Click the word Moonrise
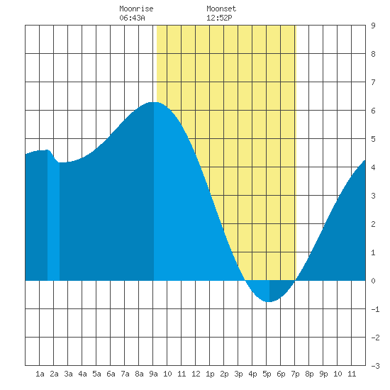[x=136, y=9]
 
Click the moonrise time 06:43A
[x=132, y=18]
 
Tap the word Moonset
[x=221, y=9]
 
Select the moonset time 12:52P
[x=219, y=18]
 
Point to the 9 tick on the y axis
[x=373, y=26]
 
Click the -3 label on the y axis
[x=375, y=366]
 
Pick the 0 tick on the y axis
[x=373, y=281]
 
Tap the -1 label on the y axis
[x=375, y=309]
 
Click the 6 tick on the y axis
[x=373, y=111]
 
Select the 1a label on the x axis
[x=40, y=374]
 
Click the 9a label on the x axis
[x=153, y=374]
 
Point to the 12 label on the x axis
[x=196, y=374]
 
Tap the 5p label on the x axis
[x=267, y=374]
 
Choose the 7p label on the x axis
[x=295, y=374]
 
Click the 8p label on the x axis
[x=309, y=374]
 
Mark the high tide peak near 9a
[x=154, y=102]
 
